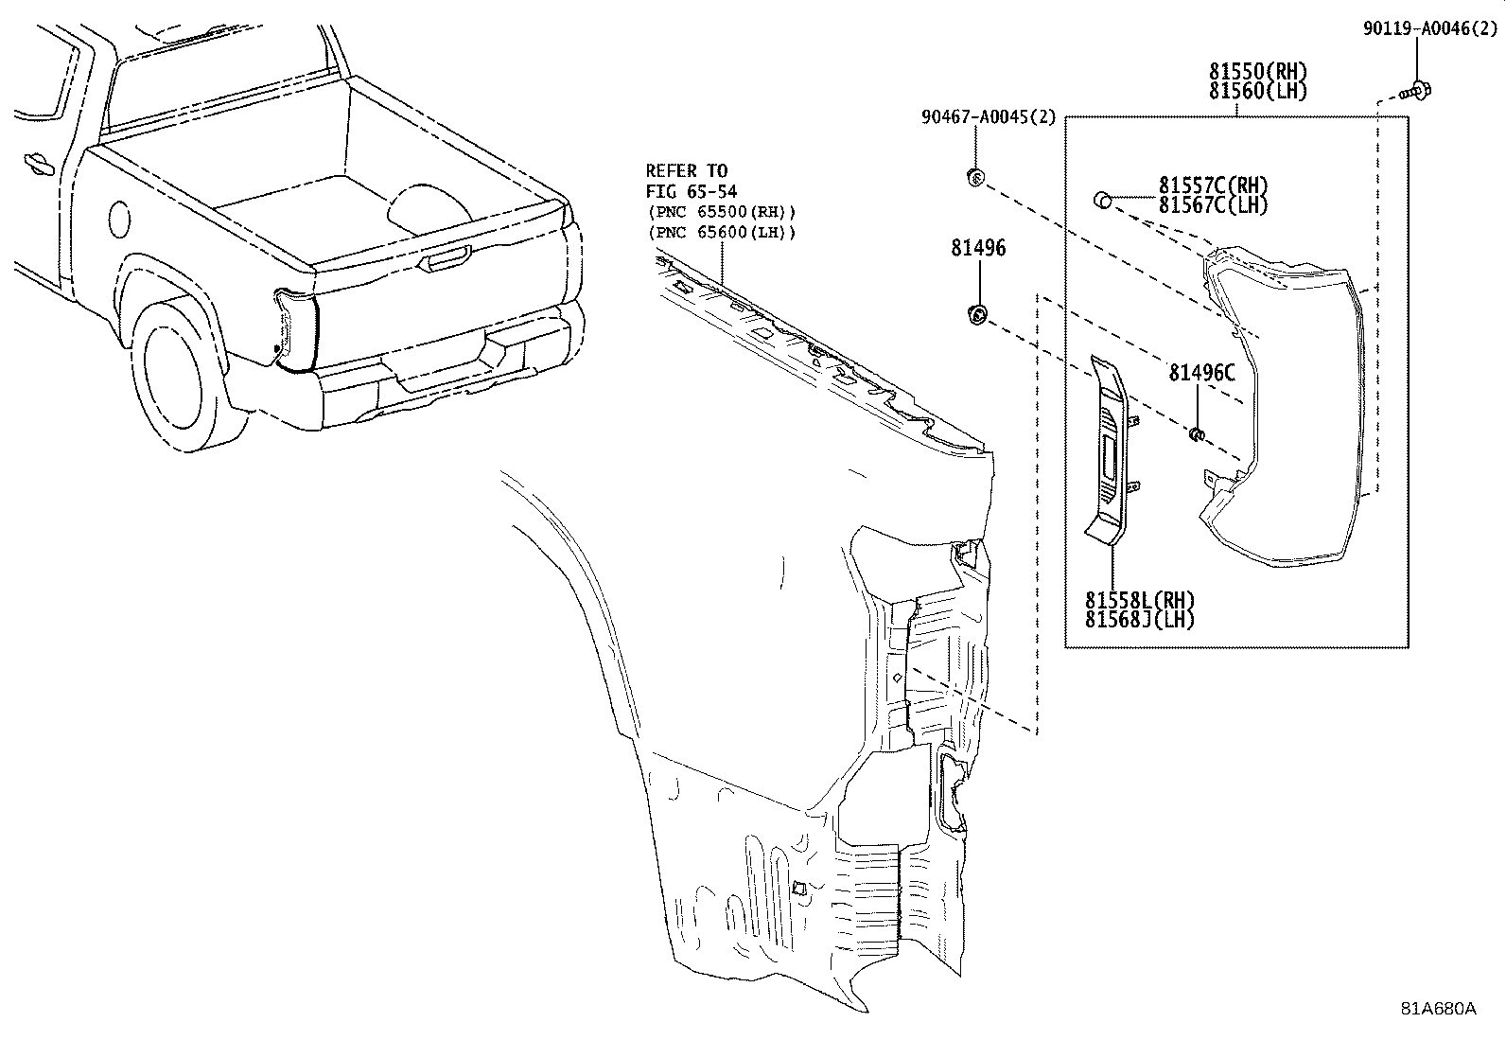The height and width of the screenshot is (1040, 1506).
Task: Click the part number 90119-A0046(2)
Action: point(1429,29)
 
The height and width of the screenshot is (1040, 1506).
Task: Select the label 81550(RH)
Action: point(1257,71)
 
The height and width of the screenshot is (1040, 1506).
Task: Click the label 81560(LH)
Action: point(1257,92)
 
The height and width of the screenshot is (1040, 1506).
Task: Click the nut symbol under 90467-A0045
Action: point(976,176)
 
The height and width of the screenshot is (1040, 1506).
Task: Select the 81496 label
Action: point(978,248)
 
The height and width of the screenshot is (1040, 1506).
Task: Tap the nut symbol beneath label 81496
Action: point(977,315)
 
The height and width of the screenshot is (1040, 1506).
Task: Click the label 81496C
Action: point(1201,373)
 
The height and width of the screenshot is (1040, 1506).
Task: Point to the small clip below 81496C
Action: point(1196,434)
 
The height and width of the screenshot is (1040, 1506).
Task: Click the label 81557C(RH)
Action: point(1213,185)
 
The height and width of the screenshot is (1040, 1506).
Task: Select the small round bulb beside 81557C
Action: point(1102,200)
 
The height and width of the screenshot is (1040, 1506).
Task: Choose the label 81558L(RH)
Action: point(1140,600)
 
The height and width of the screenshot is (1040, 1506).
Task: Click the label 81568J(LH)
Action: point(1140,620)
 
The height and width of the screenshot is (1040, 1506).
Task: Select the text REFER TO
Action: point(687,170)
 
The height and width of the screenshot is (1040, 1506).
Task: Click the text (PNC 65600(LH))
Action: point(720,232)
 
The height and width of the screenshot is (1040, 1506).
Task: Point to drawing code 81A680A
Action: point(1438,1008)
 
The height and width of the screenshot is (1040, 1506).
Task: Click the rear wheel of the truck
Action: point(175,374)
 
